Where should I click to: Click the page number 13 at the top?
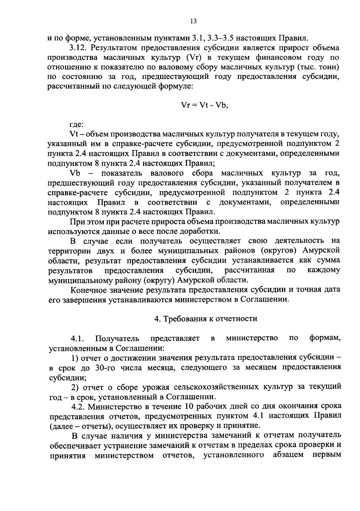pos(193,21)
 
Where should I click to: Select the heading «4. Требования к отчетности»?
pos(205,318)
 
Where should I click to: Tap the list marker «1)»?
pos(75,358)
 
